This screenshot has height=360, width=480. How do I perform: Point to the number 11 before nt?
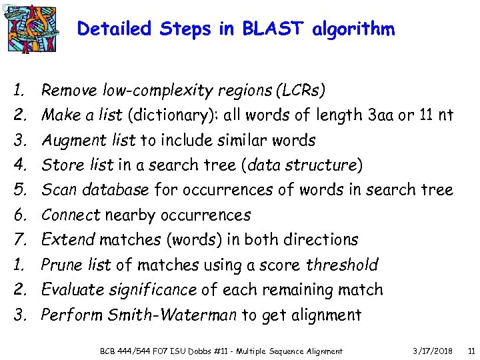click(x=427, y=115)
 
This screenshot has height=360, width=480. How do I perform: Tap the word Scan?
click(x=56, y=190)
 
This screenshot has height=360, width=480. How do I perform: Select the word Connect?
click(x=70, y=215)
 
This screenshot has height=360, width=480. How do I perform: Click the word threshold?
click(x=342, y=265)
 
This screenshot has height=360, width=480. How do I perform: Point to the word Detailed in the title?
click(x=114, y=29)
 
